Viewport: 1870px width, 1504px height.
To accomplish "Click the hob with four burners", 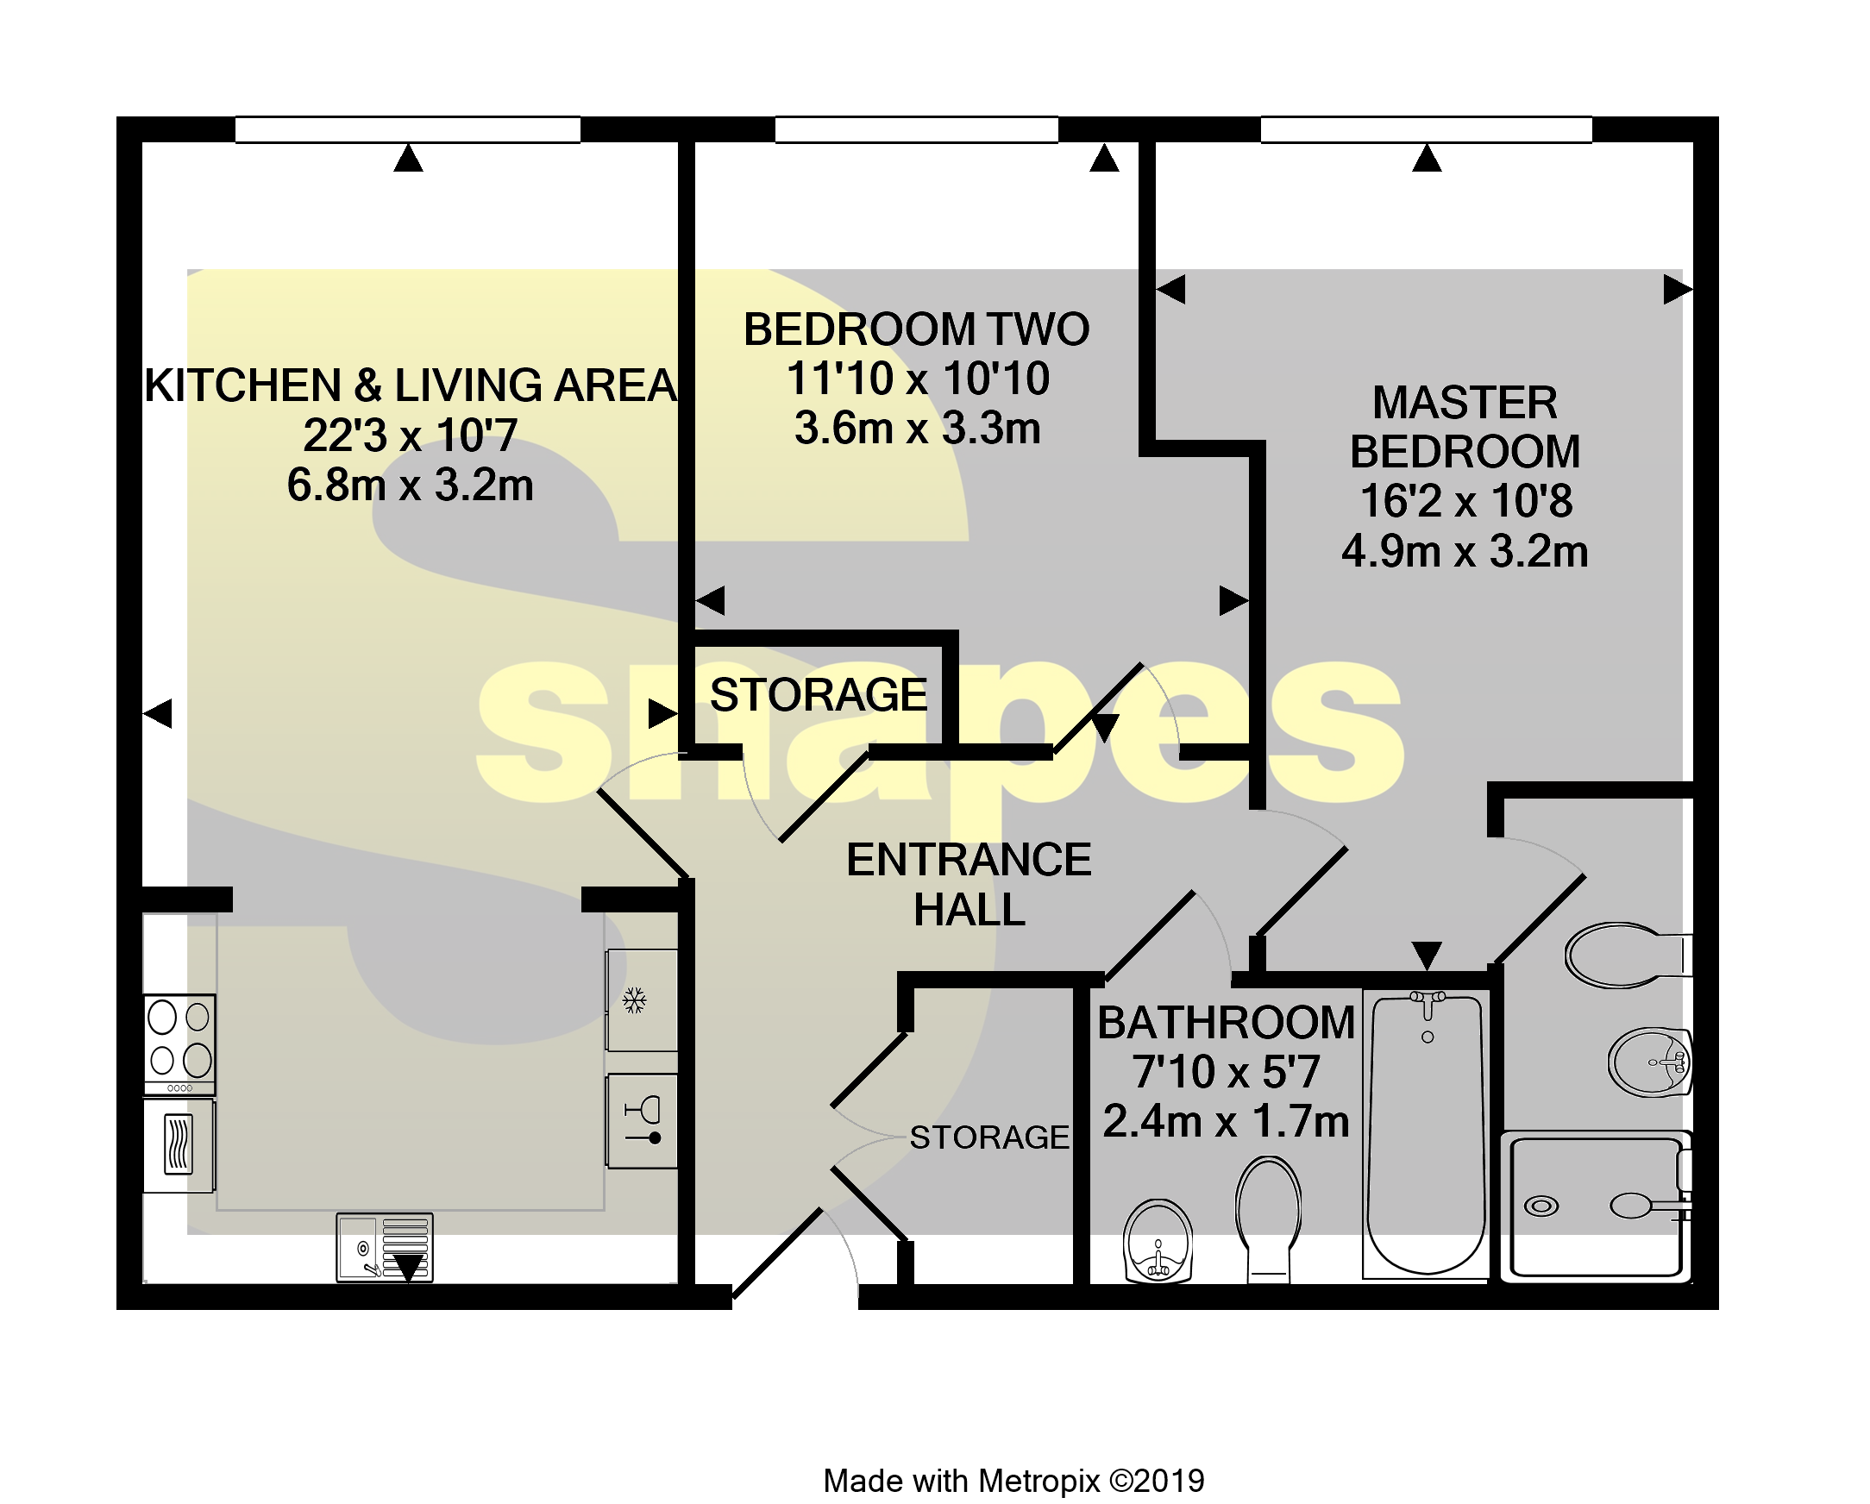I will pyautogui.click(x=179, y=1043).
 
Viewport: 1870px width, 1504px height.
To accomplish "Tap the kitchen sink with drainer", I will pyautogui.click(x=384, y=1247).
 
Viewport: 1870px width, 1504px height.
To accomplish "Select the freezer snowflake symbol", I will pyautogui.click(x=635, y=1001).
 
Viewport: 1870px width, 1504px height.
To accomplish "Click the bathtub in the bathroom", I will pyautogui.click(x=1425, y=1137).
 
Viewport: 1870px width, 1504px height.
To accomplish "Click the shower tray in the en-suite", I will pyautogui.click(x=1596, y=1206).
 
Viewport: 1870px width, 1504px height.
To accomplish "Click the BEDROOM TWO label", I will pyautogui.click(x=916, y=329).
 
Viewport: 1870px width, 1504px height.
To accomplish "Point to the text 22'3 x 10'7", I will pyautogui.click(x=411, y=436).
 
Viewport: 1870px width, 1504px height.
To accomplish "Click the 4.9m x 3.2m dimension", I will pyautogui.click(x=1464, y=552).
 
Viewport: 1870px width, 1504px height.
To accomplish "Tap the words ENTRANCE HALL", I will pyautogui.click(x=968, y=885).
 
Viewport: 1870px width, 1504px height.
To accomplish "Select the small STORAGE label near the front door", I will pyautogui.click(x=988, y=1137).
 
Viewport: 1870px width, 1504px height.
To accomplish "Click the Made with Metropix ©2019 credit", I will pyautogui.click(x=1013, y=1481).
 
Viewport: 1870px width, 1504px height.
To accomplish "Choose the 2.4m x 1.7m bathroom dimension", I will pyautogui.click(x=1226, y=1121).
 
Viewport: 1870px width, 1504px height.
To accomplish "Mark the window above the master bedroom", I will pyautogui.click(x=1426, y=130).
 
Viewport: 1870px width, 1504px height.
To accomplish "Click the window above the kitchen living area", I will pyautogui.click(x=408, y=130).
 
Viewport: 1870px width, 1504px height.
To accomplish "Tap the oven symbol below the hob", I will pyautogui.click(x=179, y=1145).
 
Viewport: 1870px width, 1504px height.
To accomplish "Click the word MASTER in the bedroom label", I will pyautogui.click(x=1464, y=404).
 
